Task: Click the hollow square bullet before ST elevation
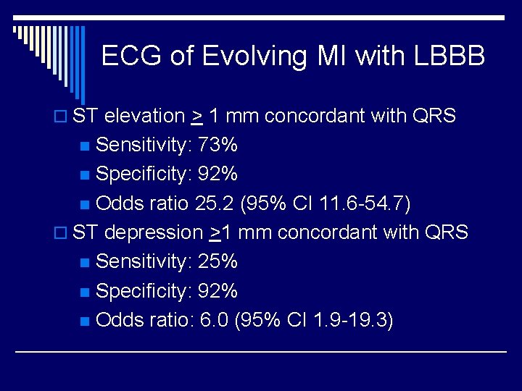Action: [x=63, y=117]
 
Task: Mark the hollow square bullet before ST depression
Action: [x=63, y=233]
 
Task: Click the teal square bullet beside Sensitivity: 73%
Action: [x=86, y=146]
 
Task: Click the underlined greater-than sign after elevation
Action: [x=197, y=117]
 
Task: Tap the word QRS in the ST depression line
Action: [x=447, y=232]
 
